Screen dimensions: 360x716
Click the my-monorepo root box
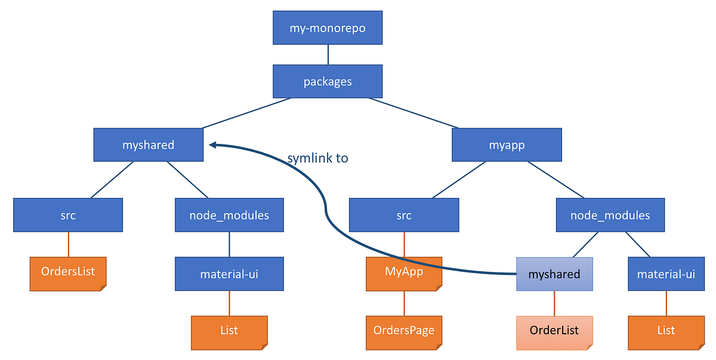click(328, 28)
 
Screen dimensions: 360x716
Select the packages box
click(328, 81)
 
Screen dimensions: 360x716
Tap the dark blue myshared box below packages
click(148, 144)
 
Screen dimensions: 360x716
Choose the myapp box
click(506, 144)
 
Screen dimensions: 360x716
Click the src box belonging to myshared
click(68, 215)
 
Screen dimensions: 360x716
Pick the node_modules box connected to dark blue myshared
click(229, 215)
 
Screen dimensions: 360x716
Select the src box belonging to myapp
click(404, 215)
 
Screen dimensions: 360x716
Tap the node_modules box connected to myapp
click(610, 215)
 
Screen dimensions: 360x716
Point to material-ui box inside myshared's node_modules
click(229, 274)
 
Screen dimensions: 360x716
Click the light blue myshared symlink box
click(554, 274)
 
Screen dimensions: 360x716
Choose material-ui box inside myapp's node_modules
click(666, 274)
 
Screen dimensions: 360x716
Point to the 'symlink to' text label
click(317, 158)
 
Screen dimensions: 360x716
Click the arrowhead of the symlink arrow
click(212, 144)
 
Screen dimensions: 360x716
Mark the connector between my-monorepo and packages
click(328, 54)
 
